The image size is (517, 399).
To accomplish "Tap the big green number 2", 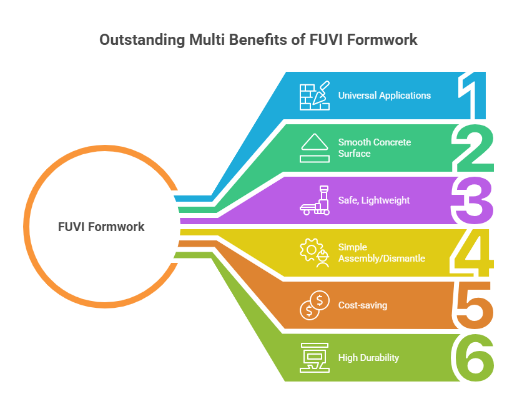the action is pyautogui.click(x=473, y=149).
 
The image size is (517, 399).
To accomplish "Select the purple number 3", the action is pyautogui.click(x=472, y=201).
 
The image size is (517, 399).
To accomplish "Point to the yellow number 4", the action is pyautogui.click(x=471, y=254).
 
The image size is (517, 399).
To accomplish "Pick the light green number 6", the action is pyautogui.click(x=472, y=358).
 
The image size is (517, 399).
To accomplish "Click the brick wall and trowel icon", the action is pyautogui.click(x=315, y=96).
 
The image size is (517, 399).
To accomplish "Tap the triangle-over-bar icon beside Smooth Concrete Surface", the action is pyautogui.click(x=315, y=148).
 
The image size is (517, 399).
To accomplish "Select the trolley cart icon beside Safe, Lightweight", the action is pyautogui.click(x=315, y=200).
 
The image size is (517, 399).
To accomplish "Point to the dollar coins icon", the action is pyautogui.click(x=315, y=305).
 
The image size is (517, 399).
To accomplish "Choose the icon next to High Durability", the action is pyautogui.click(x=315, y=358).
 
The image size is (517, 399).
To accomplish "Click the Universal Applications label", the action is pyautogui.click(x=385, y=96).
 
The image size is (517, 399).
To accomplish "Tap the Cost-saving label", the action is pyautogui.click(x=363, y=305).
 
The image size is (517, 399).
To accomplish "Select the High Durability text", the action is pyautogui.click(x=368, y=358).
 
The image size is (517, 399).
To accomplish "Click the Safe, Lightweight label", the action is pyautogui.click(x=374, y=200).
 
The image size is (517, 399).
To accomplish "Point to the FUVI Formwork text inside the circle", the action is pyautogui.click(x=101, y=227).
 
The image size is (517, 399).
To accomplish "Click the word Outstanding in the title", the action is pyautogui.click(x=142, y=40).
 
